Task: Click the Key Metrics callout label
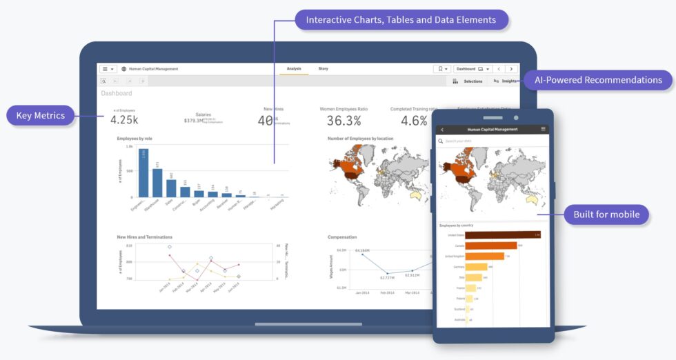(x=41, y=115)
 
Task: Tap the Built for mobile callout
(x=606, y=214)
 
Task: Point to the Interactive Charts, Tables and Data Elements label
(x=401, y=20)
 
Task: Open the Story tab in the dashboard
(x=323, y=69)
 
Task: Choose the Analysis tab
(x=294, y=69)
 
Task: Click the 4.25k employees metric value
(x=125, y=120)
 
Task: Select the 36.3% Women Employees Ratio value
(x=344, y=121)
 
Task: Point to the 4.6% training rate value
(x=414, y=121)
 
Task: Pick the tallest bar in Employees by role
(x=143, y=173)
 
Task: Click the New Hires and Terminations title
(x=145, y=237)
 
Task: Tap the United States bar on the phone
(x=501, y=234)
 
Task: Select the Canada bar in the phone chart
(x=490, y=245)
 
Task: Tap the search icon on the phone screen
(x=441, y=141)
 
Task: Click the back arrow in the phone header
(x=442, y=129)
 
